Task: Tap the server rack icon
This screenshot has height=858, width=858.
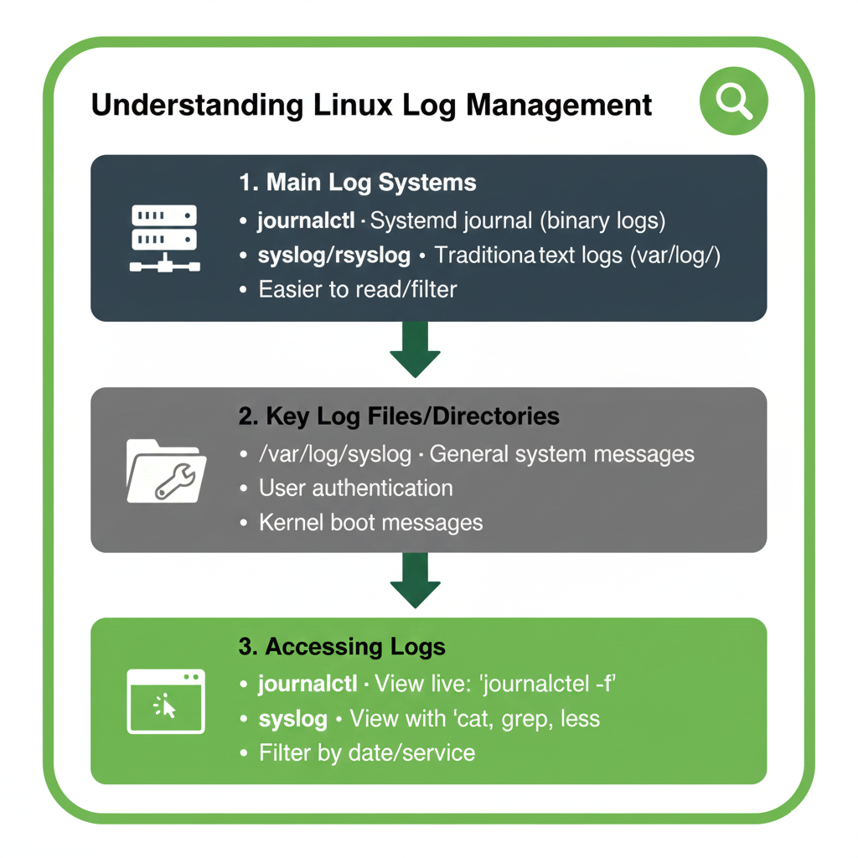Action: pos(164,238)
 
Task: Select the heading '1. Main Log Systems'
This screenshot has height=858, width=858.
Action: pos(358,183)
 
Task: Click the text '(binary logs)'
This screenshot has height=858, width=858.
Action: pos(602,221)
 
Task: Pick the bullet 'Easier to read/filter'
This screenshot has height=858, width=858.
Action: pos(358,290)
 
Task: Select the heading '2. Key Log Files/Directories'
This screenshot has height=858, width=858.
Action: pos(400,416)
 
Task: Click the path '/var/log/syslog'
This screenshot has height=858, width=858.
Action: pos(335,454)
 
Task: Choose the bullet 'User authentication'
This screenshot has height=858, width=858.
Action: pos(355,488)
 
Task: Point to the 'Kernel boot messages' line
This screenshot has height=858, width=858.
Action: pos(370,523)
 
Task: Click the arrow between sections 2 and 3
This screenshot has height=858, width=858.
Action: pos(416,581)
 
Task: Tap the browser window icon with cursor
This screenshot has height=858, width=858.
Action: pos(165,702)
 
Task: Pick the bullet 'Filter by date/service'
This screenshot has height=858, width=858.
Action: pos(366,752)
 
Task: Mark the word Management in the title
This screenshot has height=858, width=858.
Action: pos(559,106)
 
